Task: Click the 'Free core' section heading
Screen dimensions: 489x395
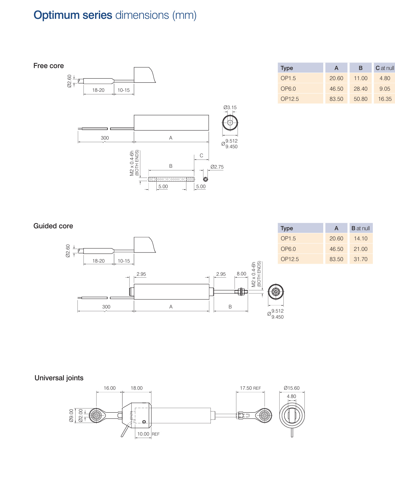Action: tap(48, 66)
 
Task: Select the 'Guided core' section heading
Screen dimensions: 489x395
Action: tap(53, 226)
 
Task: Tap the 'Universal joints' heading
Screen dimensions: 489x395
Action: tap(59, 378)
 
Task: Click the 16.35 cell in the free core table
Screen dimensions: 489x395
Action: tap(384, 99)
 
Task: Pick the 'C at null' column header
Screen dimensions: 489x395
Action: tap(384, 68)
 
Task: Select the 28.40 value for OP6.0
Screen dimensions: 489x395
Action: tap(360, 89)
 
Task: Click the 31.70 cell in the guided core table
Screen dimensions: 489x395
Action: tap(360, 259)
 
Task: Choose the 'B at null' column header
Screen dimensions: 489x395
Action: tap(360, 228)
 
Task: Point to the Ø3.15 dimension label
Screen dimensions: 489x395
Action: tap(230, 108)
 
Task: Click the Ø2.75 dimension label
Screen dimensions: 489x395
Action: tap(217, 167)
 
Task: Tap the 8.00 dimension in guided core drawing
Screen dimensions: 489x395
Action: tap(241, 274)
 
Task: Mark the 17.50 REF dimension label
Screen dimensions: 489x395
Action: tap(250, 388)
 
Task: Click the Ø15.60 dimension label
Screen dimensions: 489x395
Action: tap(292, 388)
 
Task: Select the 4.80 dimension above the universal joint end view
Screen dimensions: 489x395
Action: tap(291, 396)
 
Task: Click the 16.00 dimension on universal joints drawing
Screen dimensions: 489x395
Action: tap(110, 388)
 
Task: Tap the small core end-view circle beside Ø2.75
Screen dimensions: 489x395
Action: tap(206, 179)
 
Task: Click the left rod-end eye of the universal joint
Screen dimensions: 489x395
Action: tap(96, 416)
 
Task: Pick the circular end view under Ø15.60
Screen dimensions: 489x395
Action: tap(292, 416)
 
